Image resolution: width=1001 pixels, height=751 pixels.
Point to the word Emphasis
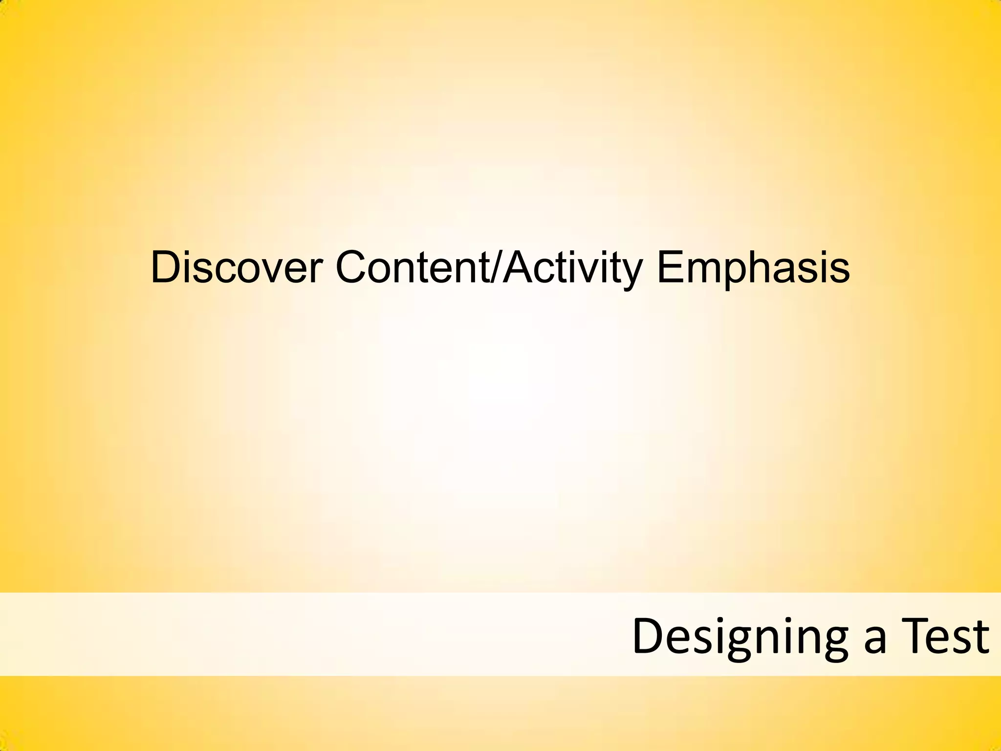tap(753, 268)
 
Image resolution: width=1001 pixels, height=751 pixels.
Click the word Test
tap(945, 636)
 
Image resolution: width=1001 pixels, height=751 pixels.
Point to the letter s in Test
tap(962, 641)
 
